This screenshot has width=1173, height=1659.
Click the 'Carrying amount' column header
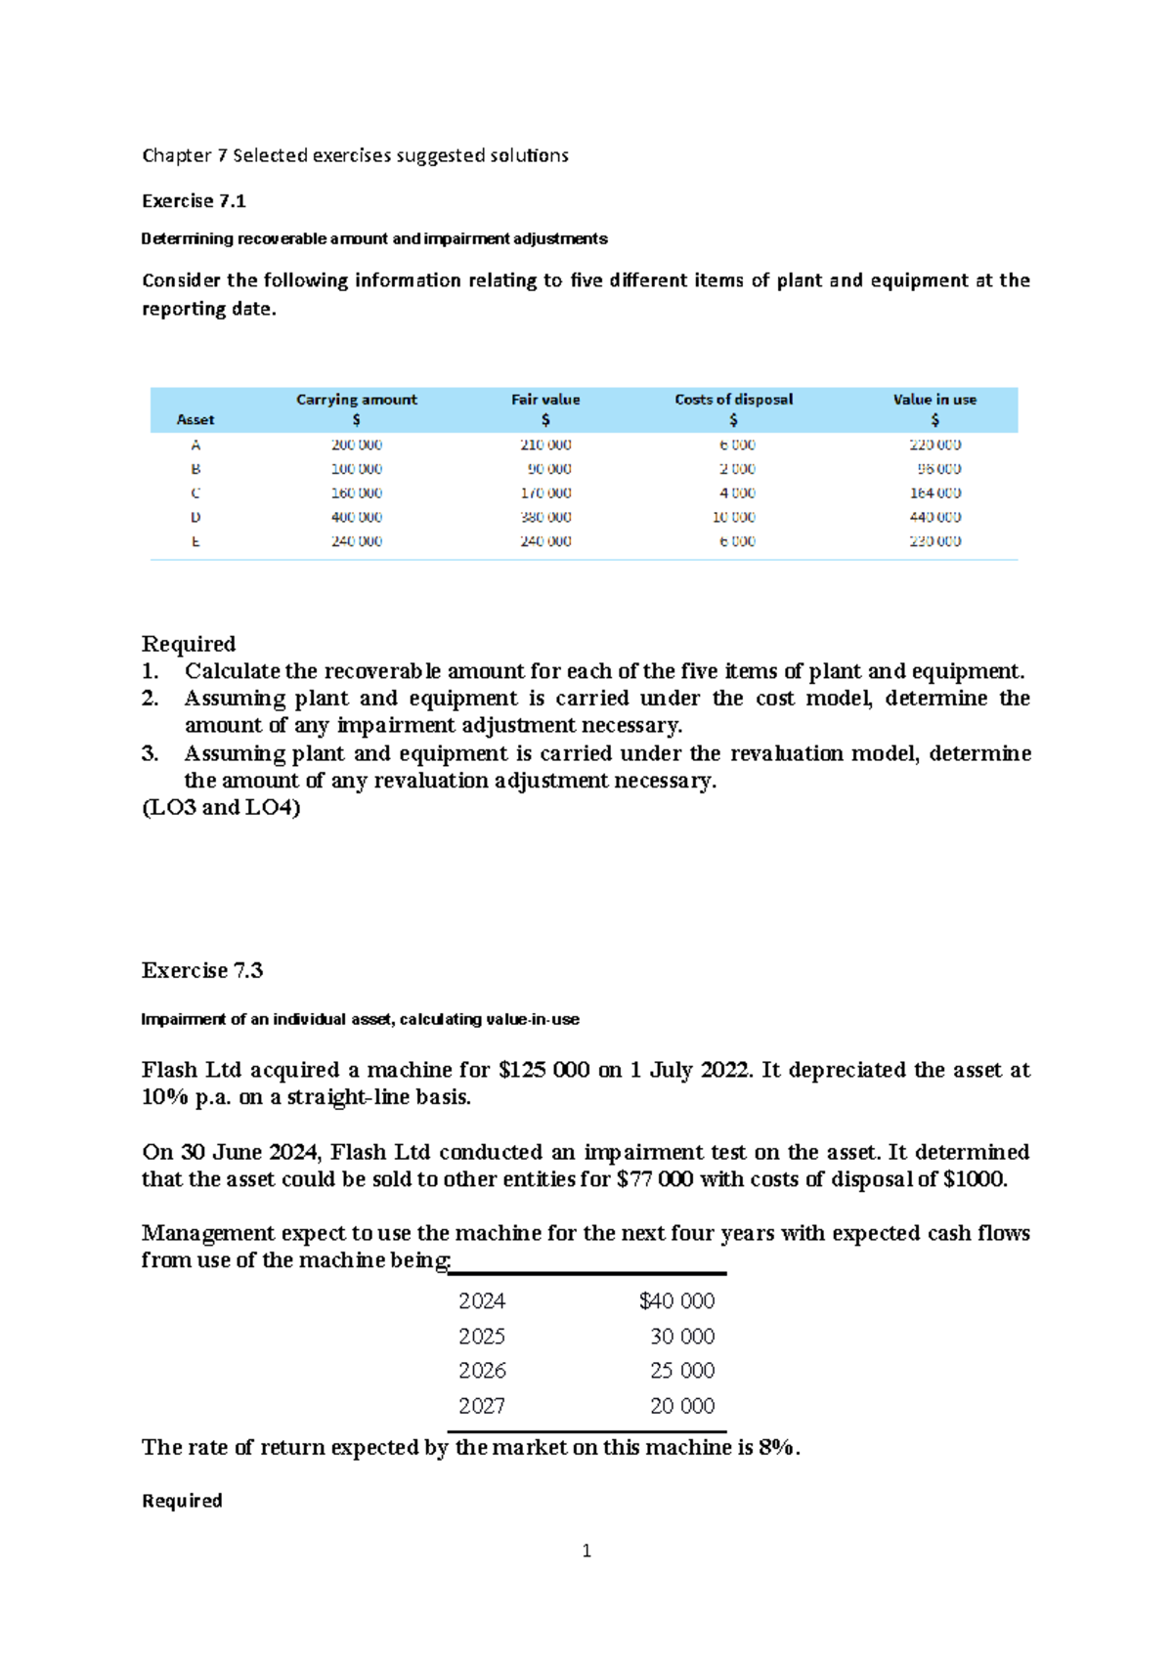pyautogui.click(x=356, y=400)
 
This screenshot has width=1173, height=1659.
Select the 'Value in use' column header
pyautogui.click(x=934, y=400)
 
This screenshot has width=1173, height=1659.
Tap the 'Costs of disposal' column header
pyautogui.click(x=733, y=400)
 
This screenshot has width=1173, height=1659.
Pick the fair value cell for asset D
pyautogui.click(x=545, y=517)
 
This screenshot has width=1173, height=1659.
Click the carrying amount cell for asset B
pyautogui.click(x=356, y=469)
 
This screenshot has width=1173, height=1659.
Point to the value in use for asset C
pyautogui.click(x=934, y=493)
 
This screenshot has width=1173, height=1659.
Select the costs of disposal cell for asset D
pyautogui.click(x=733, y=517)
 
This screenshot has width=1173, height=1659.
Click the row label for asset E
pyautogui.click(x=195, y=541)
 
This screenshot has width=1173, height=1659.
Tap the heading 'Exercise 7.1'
pyautogui.click(x=194, y=201)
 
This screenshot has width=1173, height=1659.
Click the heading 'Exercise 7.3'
pyautogui.click(x=202, y=970)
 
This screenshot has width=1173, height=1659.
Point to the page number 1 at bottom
pyautogui.click(x=586, y=1551)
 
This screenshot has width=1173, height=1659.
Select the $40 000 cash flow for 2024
pyautogui.click(x=676, y=1301)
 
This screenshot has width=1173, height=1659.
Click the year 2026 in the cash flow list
pyautogui.click(x=482, y=1371)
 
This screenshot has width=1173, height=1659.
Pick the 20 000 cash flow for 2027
pyautogui.click(x=682, y=1406)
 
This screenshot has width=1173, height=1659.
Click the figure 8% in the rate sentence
pyautogui.click(x=778, y=1447)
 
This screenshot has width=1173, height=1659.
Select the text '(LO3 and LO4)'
pyautogui.click(x=221, y=807)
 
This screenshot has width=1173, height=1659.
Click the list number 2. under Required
pyautogui.click(x=150, y=699)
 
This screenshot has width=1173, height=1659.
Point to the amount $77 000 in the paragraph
pyautogui.click(x=655, y=1179)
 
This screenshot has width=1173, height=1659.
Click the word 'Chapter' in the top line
pyautogui.click(x=177, y=155)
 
